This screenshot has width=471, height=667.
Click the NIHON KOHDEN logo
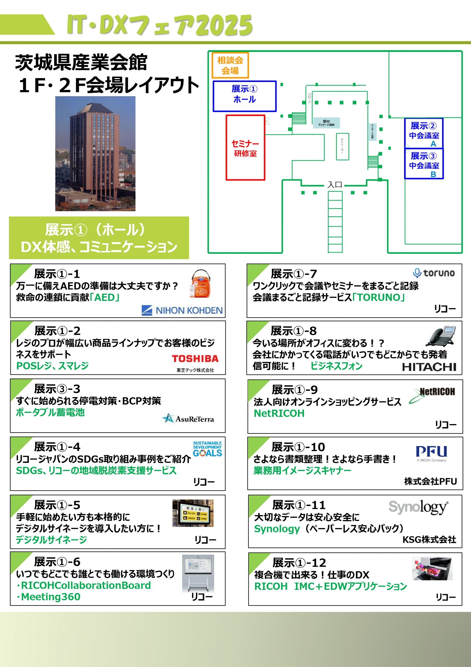click(182, 310)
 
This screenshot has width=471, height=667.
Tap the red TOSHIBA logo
click(195, 359)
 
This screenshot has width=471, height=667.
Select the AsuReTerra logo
click(188, 418)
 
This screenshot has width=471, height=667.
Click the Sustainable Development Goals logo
click(207, 449)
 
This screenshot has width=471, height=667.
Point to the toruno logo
click(434, 273)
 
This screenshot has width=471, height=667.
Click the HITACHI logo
click(429, 367)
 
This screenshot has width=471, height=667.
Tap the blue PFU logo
click(431, 452)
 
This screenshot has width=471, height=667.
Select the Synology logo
click(418, 507)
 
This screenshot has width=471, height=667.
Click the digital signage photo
click(193, 513)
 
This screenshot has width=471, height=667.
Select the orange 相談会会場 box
click(230, 65)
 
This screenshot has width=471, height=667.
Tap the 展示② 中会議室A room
click(424, 133)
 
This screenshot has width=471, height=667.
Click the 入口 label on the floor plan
click(335, 184)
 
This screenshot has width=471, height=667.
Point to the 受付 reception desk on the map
click(326, 123)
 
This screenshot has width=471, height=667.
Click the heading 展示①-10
click(298, 447)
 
